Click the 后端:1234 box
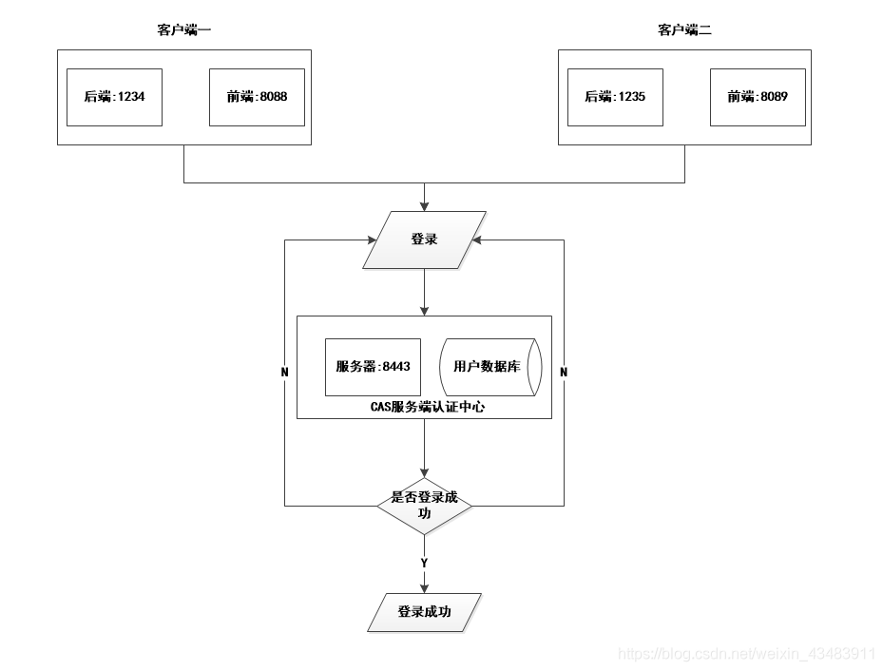(114, 97)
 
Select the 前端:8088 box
(257, 97)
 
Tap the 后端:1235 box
(614, 97)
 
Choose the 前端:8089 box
(758, 97)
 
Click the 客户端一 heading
(184, 30)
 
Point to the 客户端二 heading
(684, 30)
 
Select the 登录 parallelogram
(424, 240)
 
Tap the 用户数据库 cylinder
(489, 367)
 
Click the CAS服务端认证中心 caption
(424, 407)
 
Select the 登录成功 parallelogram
(424, 612)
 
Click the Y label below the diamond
(424, 564)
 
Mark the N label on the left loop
(285, 373)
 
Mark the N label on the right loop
(564, 373)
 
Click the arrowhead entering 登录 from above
(424, 205)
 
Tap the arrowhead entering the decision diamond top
(424, 472)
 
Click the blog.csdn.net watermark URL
(746, 654)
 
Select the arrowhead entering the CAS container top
(424, 310)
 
